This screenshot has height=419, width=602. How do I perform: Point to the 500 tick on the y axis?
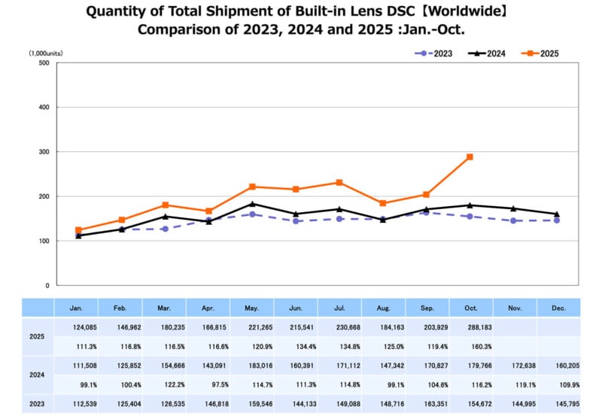(44, 63)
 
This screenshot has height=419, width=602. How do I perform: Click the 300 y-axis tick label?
(44, 152)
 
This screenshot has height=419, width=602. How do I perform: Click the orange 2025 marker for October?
(470, 156)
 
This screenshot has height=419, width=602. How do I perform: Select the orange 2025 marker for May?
(252, 187)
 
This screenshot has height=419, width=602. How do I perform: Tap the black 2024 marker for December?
(557, 214)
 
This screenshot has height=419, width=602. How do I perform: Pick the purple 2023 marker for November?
(513, 221)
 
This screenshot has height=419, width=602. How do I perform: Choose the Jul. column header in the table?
(339, 307)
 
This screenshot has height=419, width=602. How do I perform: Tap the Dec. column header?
(558, 307)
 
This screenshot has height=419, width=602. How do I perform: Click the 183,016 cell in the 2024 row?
(252, 365)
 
